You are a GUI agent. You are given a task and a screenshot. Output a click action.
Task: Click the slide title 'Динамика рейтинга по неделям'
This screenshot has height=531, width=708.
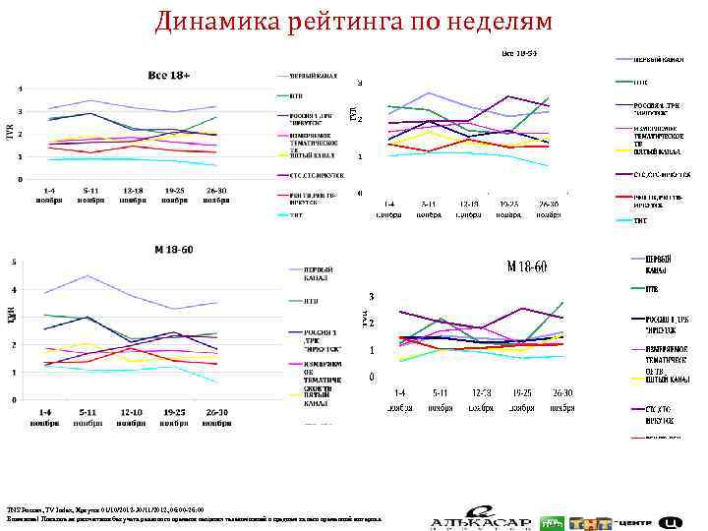[x=354, y=21]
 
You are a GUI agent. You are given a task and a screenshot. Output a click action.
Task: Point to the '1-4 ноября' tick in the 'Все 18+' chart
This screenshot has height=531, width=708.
[x=52, y=194]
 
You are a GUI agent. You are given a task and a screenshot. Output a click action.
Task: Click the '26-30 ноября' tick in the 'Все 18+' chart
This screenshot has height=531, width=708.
[x=215, y=194]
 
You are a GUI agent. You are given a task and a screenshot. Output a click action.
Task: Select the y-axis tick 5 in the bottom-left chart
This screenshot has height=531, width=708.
[x=14, y=262]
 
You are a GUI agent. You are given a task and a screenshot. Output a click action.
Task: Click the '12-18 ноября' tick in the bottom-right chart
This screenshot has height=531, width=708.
[x=468, y=399]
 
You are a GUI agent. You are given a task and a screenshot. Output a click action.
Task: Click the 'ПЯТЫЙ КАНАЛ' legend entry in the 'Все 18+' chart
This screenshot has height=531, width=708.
[x=312, y=155]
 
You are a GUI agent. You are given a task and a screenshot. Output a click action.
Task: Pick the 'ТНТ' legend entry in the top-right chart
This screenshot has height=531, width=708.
[x=640, y=220]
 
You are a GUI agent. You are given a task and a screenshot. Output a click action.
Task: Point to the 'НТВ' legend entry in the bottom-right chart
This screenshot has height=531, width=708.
[x=652, y=289]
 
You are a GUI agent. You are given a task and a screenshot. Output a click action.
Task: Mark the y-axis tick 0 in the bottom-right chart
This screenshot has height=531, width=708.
[x=370, y=377]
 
